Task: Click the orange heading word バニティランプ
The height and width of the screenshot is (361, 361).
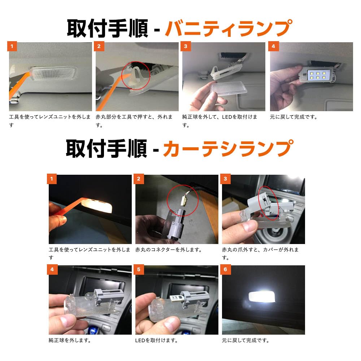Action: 228,29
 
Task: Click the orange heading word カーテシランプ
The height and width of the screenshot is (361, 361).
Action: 227,148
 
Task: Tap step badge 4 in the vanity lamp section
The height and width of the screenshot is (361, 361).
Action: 273,46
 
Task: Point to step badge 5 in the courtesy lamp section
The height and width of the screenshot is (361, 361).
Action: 139,269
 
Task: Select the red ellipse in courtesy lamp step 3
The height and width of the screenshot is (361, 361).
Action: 268,202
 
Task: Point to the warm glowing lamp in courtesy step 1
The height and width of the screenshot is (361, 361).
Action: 96,205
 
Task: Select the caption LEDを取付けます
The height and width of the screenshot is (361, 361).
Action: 157,340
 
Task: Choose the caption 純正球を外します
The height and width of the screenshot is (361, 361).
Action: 70,340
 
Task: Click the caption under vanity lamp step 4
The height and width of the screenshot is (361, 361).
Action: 293,117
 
